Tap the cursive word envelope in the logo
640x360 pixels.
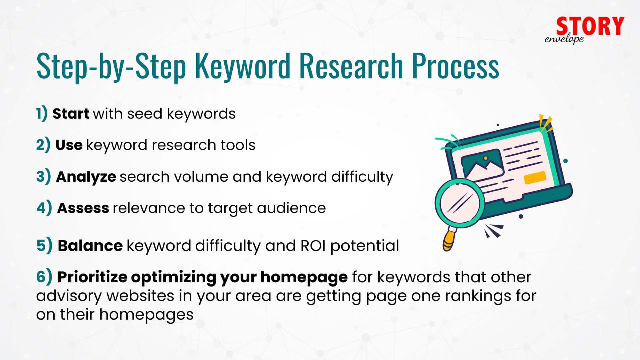[x=564, y=39]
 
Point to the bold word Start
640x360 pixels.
[x=71, y=114]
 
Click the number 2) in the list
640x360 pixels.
[x=43, y=145]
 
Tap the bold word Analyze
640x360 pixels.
[x=86, y=177]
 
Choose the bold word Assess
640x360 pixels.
[x=83, y=208]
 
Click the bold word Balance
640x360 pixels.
[x=90, y=246]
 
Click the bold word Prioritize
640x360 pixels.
[x=92, y=277]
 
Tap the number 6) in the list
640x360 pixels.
[x=44, y=277]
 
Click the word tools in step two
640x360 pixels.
[x=238, y=145]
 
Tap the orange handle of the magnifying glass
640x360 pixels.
[x=449, y=241]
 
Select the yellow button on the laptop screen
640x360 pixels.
[x=535, y=177]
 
